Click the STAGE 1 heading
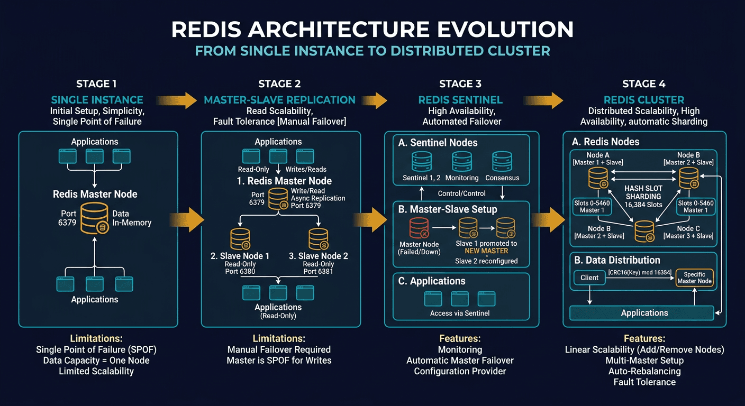(x=96, y=84)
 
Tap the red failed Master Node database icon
(x=419, y=227)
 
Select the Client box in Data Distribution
(x=589, y=278)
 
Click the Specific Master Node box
(x=694, y=278)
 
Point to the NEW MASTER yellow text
(x=486, y=251)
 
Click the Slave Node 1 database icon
(x=240, y=238)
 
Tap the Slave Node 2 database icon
(x=318, y=238)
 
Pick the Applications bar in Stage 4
(x=644, y=313)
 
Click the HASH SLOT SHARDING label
(x=643, y=192)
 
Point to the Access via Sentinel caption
(x=460, y=313)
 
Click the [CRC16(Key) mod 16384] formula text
(x=639, y=272)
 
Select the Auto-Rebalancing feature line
(x=644, y=371)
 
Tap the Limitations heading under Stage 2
(x=278, y=338)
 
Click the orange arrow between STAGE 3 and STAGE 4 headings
(x=543, y=99)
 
